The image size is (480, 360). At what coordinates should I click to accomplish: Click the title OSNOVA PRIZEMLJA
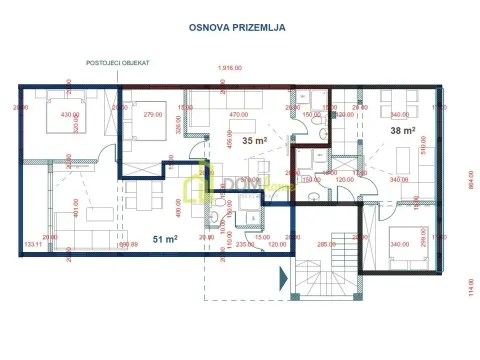[x=238, y=28]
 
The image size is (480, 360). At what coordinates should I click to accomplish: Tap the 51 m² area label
[x=165, y=239]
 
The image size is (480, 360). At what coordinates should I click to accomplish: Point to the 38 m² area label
[x=402, y=129]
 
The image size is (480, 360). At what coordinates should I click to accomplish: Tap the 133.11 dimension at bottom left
[x=31, y=244]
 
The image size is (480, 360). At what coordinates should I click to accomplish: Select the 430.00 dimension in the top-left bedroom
[x=69, y=116]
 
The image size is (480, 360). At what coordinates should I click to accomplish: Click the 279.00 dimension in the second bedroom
[x=153, y=116]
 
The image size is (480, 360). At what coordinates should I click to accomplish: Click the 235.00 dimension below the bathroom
[x=246, y=244]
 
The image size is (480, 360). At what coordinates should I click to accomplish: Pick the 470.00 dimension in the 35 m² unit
[x=238, y=116]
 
